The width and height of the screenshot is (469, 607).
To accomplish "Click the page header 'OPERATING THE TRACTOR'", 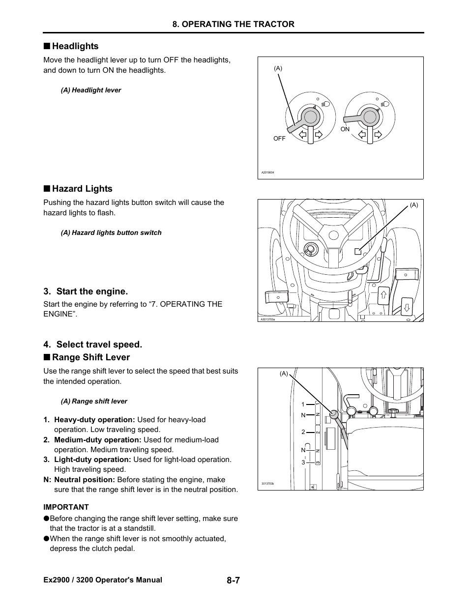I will point(233,24).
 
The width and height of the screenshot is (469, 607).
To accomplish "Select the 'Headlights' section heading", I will point(75,46).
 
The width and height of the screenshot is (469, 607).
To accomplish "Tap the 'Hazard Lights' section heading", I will point(82,189).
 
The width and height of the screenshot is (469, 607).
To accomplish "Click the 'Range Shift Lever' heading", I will point(91,357).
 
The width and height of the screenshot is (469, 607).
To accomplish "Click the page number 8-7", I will point(233,580).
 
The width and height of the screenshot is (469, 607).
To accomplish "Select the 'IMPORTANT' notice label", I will point(66,507).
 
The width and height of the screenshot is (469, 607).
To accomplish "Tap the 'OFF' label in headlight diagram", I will point(279,139).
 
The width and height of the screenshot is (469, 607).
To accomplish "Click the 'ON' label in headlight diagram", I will point(345,129).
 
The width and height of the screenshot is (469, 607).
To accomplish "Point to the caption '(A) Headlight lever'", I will point(91,90).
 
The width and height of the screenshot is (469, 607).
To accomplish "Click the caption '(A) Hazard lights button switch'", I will point(111,233).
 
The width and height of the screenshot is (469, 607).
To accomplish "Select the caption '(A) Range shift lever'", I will point(94,402).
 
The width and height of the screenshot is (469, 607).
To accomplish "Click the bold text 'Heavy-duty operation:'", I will point(94,420).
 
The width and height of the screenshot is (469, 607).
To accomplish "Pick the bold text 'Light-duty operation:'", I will point(92,460).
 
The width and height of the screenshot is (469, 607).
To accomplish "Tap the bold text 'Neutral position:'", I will point(85,480).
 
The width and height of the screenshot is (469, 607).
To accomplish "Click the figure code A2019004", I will point(268,173).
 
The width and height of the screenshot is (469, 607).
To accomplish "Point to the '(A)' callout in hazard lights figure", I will point(414,205).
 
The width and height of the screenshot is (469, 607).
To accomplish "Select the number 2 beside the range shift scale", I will point(303,432).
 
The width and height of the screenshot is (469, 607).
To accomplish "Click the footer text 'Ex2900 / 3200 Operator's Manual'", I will point(103,580).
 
